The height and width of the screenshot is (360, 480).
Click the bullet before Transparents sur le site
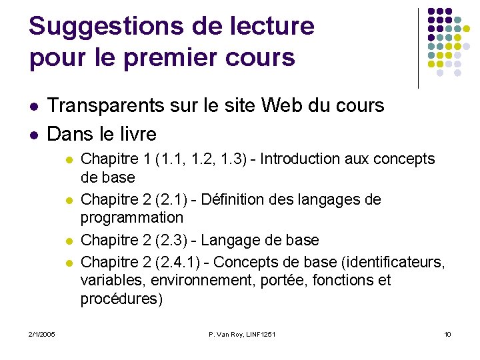point(34,107)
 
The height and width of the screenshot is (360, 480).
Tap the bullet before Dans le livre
point(34,135)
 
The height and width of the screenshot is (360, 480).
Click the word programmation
point(131,217)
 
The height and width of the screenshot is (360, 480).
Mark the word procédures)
point(121,299)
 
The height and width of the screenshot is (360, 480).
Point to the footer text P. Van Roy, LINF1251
point(241,333)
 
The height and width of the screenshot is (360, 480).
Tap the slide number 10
point(447,333)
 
